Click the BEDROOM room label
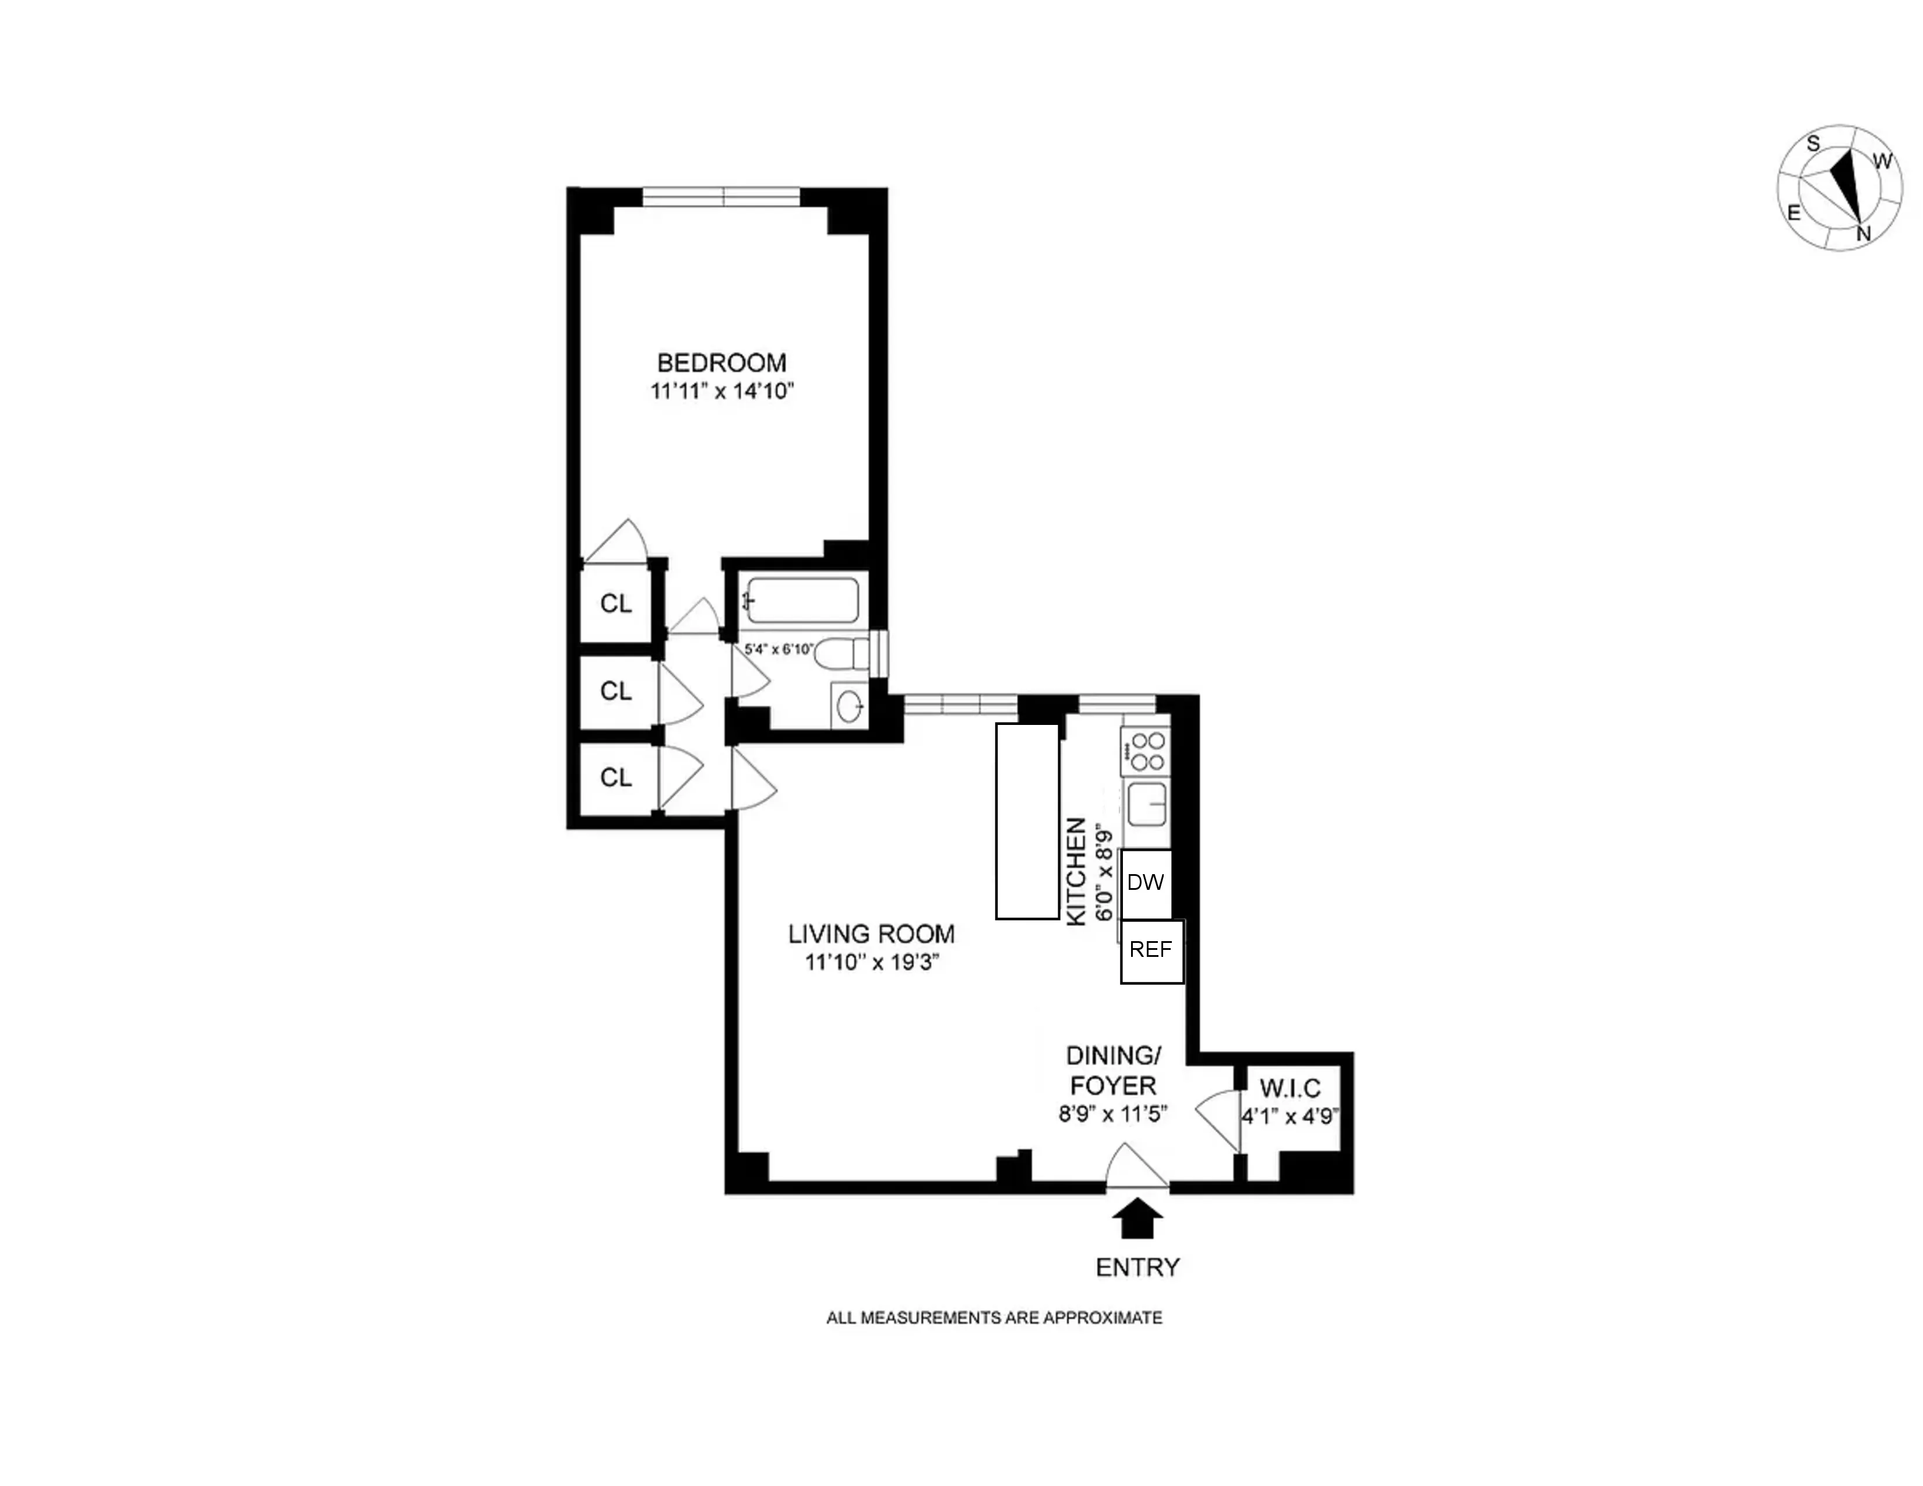pos(721,362)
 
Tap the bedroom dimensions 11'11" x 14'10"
pos(721,391)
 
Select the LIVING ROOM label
pos(871,934)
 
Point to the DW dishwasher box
pos(1146,883)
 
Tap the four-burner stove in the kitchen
pos(1146,752)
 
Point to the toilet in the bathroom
pos(841,654)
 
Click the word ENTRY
pos(1137,1267)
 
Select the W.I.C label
pos(1290,1088)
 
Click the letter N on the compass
pos(1863,233)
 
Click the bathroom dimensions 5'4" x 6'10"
pos(779,649)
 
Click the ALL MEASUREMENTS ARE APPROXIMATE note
pos(994,1318)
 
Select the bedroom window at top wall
pos(721,196)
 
